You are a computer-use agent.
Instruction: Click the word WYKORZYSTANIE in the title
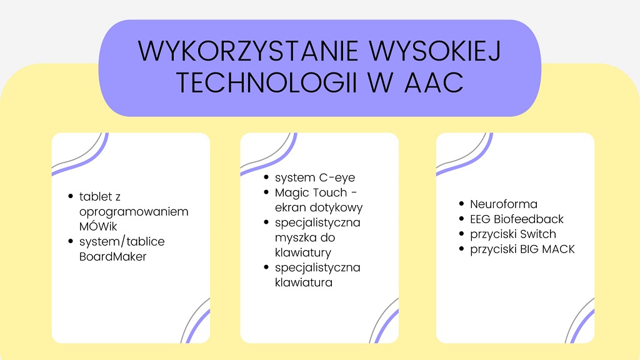pyautogui.click(x=248, y=51)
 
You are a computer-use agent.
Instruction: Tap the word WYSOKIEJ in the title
pyautogui.click(x=435, y=51)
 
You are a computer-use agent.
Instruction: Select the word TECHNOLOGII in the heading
pyautogui.click(x=266, y=82)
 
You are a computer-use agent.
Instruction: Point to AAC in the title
pyautogui.click(x=434, y=82)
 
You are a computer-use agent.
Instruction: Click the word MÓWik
pyautogui.click(x=98, y=226)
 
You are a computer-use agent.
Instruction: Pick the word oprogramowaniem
pyautogui.click(x=134, y=212)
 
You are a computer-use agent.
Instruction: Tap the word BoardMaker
pyautogui.click(x=112, y=256)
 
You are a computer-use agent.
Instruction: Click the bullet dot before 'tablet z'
pyautogui.click(x=71, y=196)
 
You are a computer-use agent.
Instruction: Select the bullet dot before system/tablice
pyautogui.click(x=71, y=241)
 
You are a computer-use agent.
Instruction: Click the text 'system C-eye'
pyautogui.click(x=315, y=178)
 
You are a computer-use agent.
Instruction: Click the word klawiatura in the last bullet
pyautogui.click(x=304, y=282)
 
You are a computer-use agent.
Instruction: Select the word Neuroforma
pyautogui.click(x=504, y=204)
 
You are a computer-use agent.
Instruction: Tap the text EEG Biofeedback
pyautogui.click(x=517, y=219)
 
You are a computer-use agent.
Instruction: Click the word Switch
pyautogui.click(x=538, y=234)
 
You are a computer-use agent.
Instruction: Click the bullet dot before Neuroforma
pyautogui.click(x=462, y=204)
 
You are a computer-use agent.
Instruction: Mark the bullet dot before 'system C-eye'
pyautogui.click(x=266, y=177)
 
